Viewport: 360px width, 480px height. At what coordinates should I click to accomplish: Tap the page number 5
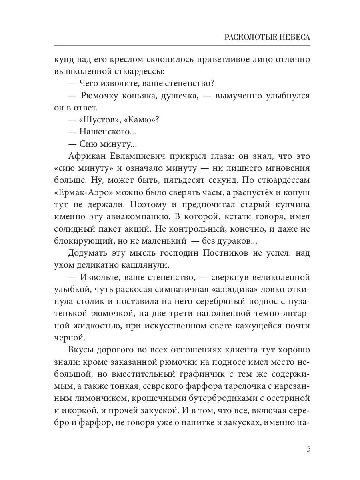pyautogui.click(x=308, y=448)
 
